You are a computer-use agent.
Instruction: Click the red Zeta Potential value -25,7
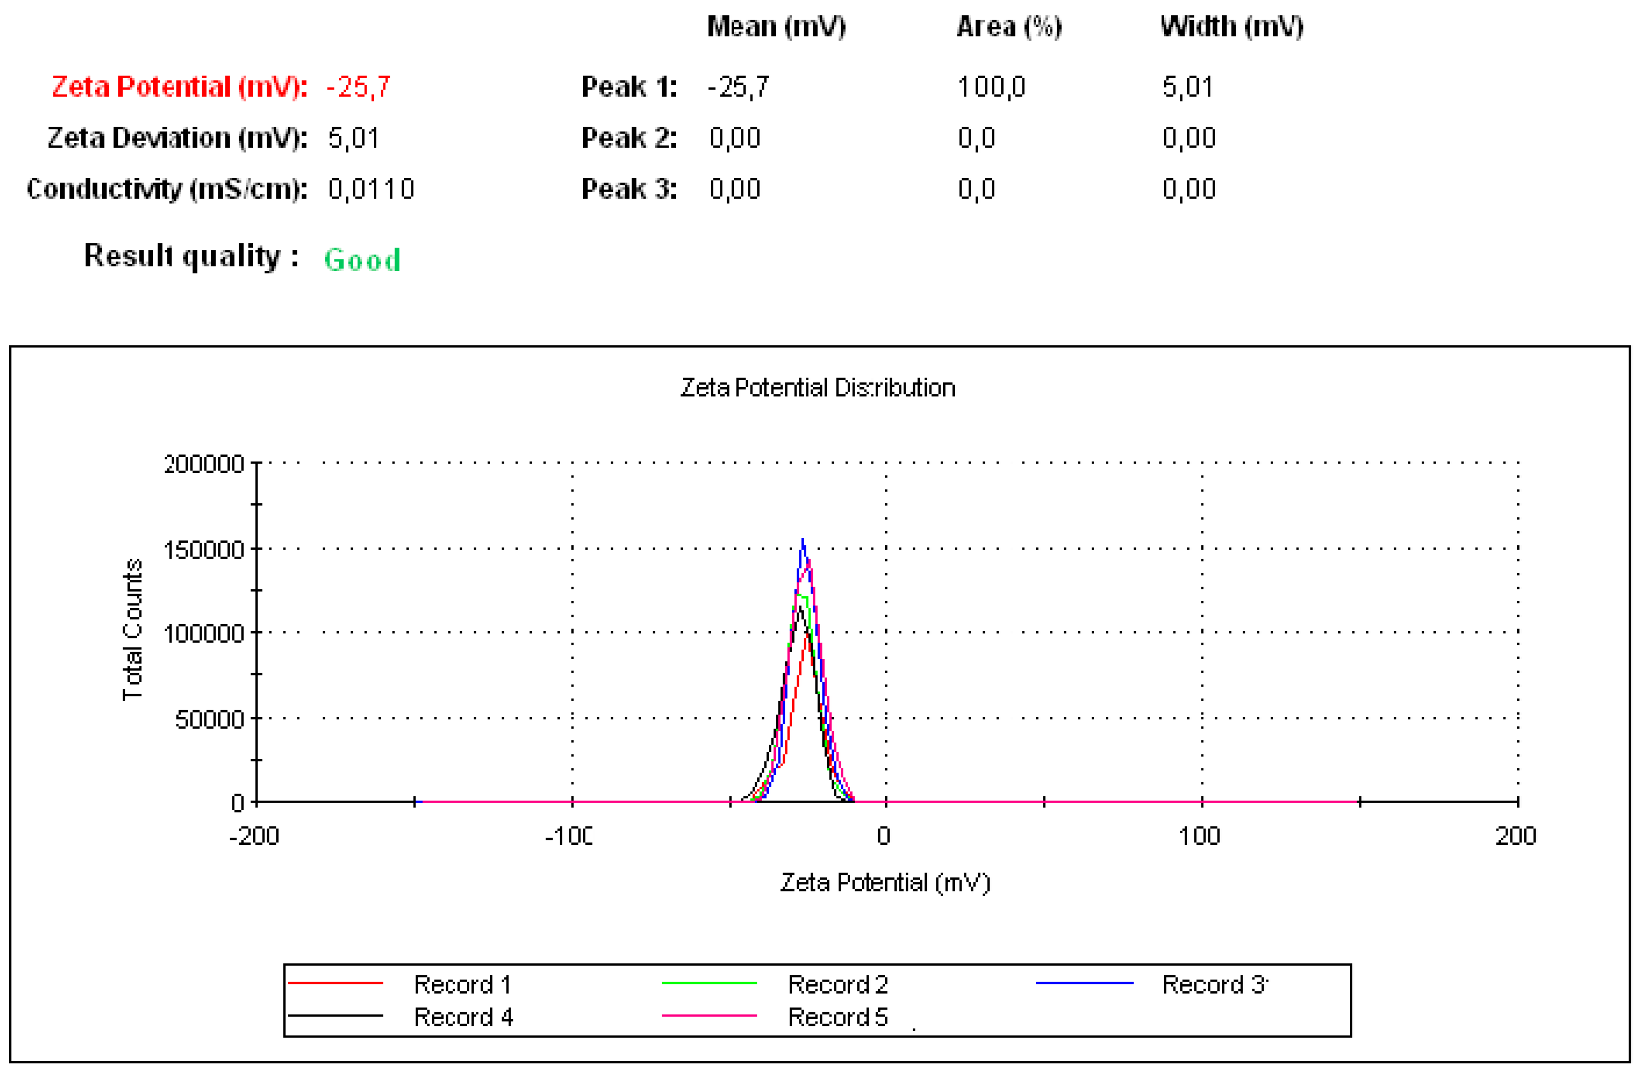(x=358, y=87)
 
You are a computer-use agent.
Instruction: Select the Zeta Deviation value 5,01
(x=353, y=138)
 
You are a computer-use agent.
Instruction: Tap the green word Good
(x=362, y=260)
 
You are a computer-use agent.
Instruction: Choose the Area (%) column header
(x=1009, y=27)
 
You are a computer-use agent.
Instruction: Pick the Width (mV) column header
(x=1232, y=27)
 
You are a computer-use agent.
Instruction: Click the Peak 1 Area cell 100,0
(x=991, y=87)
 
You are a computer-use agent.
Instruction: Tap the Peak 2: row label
(x=629, y=138)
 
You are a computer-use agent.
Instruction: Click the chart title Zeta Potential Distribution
(x=817, y=388)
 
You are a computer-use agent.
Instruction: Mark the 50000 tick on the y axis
(x=210, y=719)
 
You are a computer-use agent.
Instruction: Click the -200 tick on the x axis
(x=255, y=836)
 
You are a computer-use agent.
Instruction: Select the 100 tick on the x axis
(x=1199, y=836)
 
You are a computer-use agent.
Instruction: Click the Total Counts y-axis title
(x=132, y=629)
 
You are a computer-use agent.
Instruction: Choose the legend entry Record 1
(x=462, y=984)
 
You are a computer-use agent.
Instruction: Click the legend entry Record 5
(x=838, y=1017)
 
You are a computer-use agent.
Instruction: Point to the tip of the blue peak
(x=803, y=540)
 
